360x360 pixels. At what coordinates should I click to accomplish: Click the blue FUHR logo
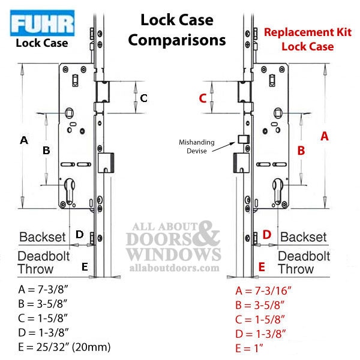pyautogui.click(x=42, y=23)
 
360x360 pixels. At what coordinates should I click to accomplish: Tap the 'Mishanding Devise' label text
pyautogui.click(x=197, y=146)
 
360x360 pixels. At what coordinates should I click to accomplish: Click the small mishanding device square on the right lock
pyautogui.click(x=244, y=139)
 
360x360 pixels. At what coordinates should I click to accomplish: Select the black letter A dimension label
pyautogui.click(x=24, y=140)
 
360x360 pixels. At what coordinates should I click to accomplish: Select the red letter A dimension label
pyautogui.click(x=325, y=136)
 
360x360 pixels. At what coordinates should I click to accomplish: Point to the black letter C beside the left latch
pyautogui.click(x=144, y=98)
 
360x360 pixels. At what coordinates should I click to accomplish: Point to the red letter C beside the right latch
pyautogui.click(x=203, y=98)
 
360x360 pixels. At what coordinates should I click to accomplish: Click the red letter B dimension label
pyautogui.click(x=301, y=151)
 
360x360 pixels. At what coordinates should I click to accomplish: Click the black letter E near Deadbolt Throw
pyautogui.click(x=85, y=267)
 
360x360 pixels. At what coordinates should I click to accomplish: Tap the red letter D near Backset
pyautogui.click(x=267, y=235)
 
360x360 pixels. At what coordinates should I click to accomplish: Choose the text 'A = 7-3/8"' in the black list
pyautogui.click(x=43, y=289)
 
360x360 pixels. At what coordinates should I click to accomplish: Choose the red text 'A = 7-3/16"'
pyautogui.click(x=263, y=290)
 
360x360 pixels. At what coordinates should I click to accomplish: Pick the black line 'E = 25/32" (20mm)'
pyautogui.click(x=64, y=347)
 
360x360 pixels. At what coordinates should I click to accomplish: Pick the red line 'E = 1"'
pyautogui.click(x=249, y=348)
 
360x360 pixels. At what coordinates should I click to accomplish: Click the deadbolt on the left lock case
pyautogui.click(x=106, y=163)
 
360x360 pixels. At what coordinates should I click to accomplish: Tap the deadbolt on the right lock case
pyautogui.click(x=241, y=163)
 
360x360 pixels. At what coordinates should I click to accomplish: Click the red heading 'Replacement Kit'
pyautogui.click(x=308, y=32)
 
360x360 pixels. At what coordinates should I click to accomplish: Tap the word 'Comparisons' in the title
pyautogui.click(x=177, y=40)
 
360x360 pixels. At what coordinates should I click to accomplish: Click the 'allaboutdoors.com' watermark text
pyautogui.click(x=174, y=268)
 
